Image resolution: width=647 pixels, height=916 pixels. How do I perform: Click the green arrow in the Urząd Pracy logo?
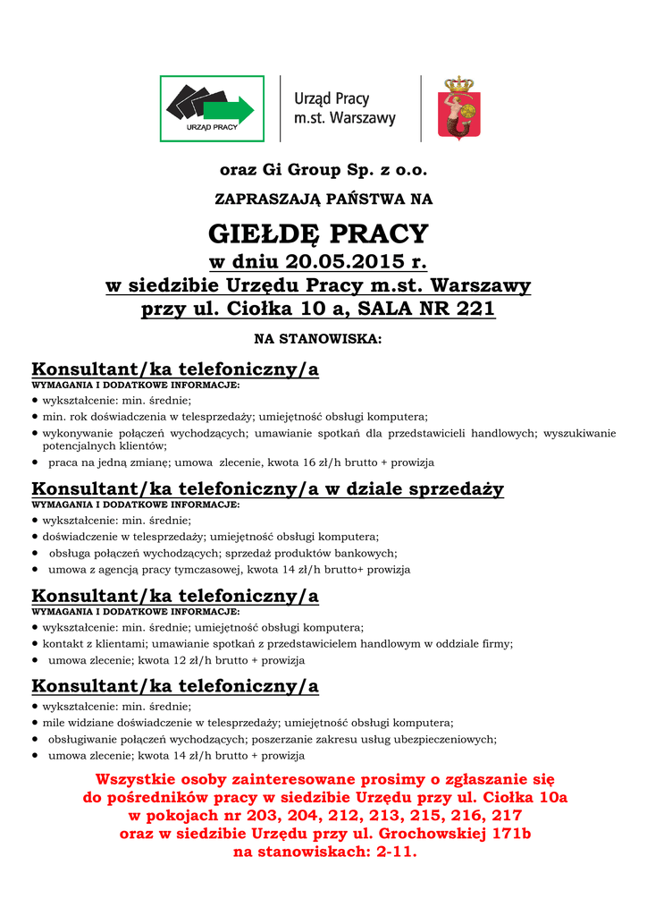point(228,109)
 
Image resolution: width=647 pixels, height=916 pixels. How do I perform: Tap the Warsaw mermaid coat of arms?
point(458,108)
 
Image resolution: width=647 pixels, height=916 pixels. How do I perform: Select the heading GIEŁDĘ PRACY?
point(318,234)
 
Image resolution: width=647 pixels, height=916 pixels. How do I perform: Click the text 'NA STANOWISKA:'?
point(318,340)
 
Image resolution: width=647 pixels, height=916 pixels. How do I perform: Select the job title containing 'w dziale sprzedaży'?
point(267,488)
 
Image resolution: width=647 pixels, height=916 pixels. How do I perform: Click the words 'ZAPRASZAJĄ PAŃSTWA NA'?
point(318,199)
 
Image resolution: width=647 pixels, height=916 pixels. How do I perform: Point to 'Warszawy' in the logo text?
point(363,118)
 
